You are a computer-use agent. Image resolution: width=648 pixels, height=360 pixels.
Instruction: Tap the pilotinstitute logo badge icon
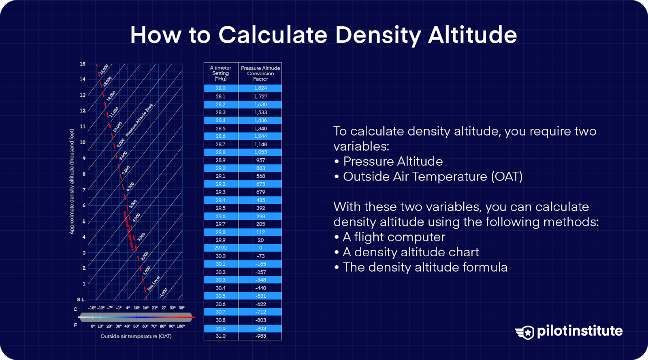click(x=525, y=332)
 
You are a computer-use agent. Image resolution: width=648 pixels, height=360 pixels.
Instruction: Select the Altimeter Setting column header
click(x=220, y=73)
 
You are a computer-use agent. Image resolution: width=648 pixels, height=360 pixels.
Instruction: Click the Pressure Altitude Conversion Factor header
click(x=260, y=73)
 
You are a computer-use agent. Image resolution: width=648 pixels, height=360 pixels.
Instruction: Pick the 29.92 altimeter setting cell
click(x=220, y=248)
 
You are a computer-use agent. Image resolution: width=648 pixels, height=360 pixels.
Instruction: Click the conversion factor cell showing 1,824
click(x=260, y=88)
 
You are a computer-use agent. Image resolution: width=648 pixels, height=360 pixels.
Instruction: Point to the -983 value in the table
click(x=260, y=336)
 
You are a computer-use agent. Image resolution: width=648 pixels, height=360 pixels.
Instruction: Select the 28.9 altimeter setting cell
click(x=220, y=160)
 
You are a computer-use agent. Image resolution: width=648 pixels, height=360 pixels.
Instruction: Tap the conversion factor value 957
click(x=260, y=160)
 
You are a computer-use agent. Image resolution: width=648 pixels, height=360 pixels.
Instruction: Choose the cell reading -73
click(x=260, y=256)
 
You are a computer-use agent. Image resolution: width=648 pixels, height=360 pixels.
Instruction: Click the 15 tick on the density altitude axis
click(x=83, y=64)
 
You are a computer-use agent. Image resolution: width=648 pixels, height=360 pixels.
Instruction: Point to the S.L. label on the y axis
click(x=81, y=300)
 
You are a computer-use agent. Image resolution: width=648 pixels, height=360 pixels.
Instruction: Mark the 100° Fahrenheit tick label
click(x=181, y=326)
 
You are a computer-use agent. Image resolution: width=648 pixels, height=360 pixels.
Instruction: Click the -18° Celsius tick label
click(x=92, y=308)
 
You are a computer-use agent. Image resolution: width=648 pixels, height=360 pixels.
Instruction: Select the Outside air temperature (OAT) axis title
click(x=136, y=337)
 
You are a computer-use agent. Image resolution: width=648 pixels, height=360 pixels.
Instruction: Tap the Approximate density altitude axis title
click(x=72, y=181)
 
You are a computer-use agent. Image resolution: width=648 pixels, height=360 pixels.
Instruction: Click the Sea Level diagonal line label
click(x=153, y=283)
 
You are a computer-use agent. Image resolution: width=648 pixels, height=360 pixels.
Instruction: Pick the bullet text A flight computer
click(x=394, y=237)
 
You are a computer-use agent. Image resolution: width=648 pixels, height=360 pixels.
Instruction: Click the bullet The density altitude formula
click(x=425, y=267)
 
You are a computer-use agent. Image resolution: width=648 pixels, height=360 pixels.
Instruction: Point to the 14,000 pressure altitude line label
click(x=104, y=69)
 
